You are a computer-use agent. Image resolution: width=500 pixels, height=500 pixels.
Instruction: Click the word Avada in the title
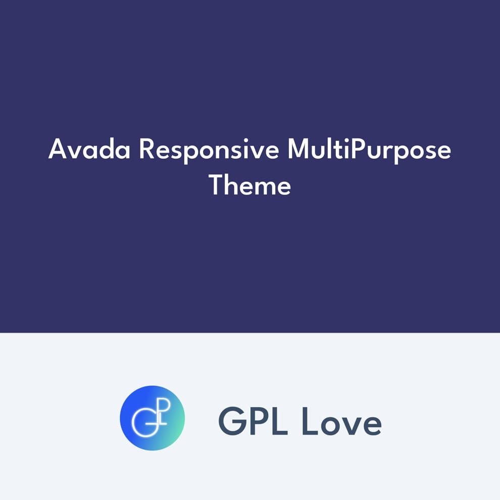89,150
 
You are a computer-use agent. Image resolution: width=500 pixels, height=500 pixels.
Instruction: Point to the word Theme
250,185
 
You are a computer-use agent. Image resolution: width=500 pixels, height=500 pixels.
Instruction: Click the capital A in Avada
58,150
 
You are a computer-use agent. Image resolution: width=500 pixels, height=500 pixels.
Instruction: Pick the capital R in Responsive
145,150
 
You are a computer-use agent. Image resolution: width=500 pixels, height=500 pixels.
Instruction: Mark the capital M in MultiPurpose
298,150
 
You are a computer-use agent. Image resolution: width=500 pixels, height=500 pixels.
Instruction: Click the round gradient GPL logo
153,418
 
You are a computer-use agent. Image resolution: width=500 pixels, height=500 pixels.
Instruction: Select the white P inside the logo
163,407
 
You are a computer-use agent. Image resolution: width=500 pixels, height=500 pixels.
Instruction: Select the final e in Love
372,425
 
